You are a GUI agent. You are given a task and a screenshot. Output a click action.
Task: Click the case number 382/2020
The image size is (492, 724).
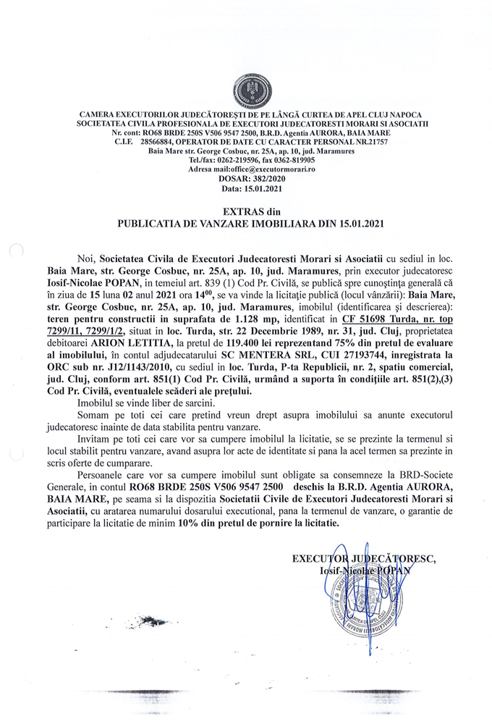(x=263, y=178)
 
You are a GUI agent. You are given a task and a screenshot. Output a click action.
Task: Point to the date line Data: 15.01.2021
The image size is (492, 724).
(x=246, y=187)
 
